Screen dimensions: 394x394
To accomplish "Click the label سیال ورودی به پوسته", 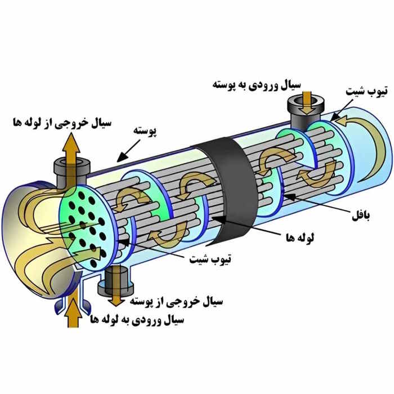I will [x=256, y=85].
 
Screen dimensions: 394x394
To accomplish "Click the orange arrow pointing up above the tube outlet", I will [x=71, y=149].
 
